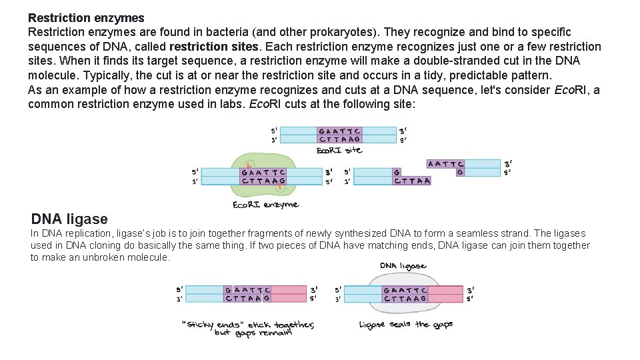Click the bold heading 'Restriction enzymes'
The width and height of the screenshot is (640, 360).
pyautogui.click(x=86, y=18)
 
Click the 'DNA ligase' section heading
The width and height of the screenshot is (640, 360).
pyautogui.click(x=69, y=219)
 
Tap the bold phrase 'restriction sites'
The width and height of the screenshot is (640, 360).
pyautogui.click(x=215, y=47)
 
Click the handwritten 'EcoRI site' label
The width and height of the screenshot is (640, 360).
pyautogui.click(x=339, y=151)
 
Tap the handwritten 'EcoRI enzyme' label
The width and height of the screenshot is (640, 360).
pyautogui.click(x=265, y=205)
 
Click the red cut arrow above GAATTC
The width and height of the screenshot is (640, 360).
pyautogui.click(x=249, y=166)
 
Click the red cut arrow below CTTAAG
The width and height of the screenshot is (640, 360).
pyautogui.click(x=279, y=187)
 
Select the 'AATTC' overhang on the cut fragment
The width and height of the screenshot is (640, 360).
pyautogui.click(x=445, y=163)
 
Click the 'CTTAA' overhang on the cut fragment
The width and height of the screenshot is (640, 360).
pyautogui.click(x=412, y=181)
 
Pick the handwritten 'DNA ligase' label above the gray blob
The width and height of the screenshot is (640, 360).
pyautogui.click(x=403, y=267)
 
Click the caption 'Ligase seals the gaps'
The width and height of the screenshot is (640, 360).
pyautogui.click(x=405, y=325)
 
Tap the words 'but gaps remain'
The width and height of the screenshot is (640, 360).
pyautogui.click(x=253, y=332)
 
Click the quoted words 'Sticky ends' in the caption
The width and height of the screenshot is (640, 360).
pyautogui.click(x=209, y=325)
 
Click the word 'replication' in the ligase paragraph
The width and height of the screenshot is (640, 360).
pyautogui.click(x=87, y=233)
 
